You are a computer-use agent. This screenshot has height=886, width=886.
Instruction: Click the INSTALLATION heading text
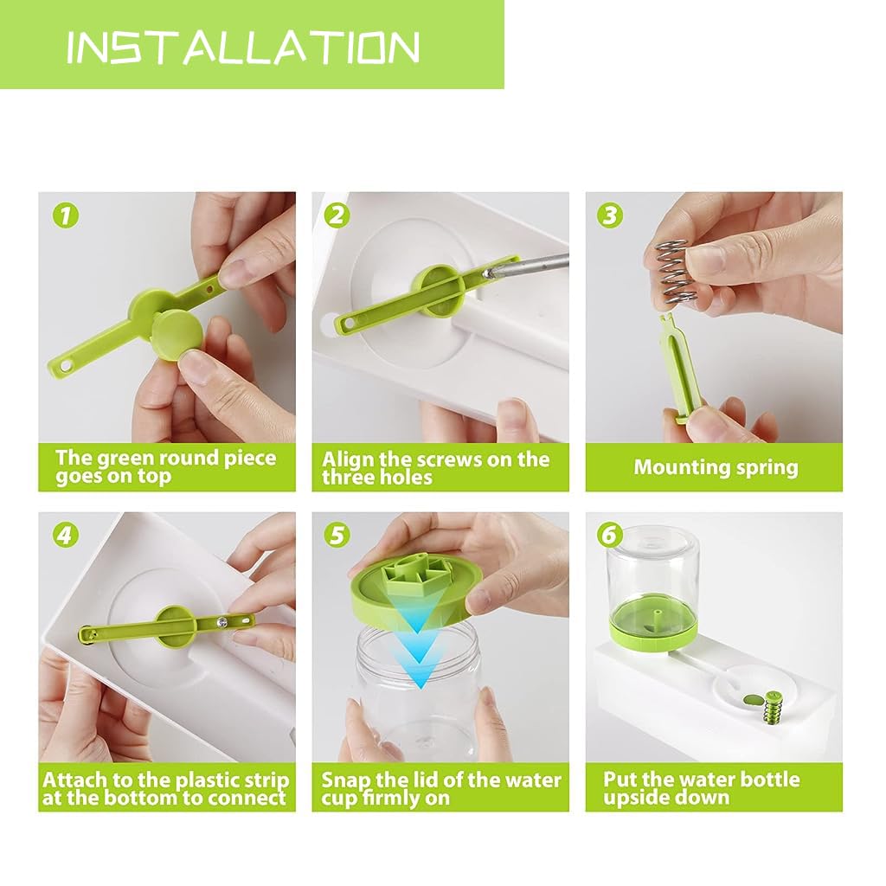[x=243, y=47]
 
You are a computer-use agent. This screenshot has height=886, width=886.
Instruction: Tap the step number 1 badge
[x=66, y=215]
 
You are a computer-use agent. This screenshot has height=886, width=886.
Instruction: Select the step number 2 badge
[x=337, y=215]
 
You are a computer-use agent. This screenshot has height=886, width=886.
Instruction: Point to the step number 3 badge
[x=610, y=215]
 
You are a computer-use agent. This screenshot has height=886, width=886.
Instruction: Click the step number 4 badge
[x=66, y=535]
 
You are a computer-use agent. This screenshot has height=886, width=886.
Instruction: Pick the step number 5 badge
[x=337, y=535]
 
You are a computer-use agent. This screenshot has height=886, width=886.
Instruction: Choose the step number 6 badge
[x=610, y=535]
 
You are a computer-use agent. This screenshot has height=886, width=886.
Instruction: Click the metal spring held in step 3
[x=672, y=272]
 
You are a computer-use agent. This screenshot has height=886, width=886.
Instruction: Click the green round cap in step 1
[x=177, y=335]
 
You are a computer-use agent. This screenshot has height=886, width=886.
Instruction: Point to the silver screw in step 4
[x=221, y=622]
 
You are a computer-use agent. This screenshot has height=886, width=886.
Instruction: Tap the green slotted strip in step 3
[x=682, y=368]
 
